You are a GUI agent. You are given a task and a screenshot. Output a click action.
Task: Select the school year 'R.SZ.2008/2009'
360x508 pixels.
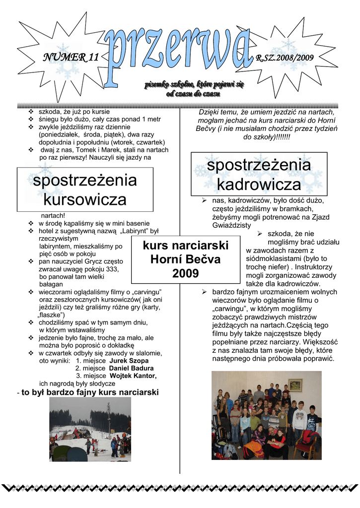[285, 58]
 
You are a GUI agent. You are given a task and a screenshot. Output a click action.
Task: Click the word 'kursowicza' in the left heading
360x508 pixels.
[84, 200]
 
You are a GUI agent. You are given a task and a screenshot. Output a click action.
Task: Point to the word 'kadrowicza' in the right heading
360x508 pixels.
[259, 185]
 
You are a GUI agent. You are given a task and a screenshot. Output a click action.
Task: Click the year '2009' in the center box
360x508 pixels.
[186, 273]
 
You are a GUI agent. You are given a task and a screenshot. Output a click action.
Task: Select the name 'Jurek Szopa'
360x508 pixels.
[129, 361]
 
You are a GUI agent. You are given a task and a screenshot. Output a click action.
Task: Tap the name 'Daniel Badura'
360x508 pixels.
[131, 368]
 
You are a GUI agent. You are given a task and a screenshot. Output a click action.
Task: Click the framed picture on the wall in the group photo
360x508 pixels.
[295, 385]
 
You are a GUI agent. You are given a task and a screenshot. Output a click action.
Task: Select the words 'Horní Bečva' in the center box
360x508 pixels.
[185, 259]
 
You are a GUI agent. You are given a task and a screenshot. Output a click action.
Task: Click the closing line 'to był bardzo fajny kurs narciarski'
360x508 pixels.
[89, 393]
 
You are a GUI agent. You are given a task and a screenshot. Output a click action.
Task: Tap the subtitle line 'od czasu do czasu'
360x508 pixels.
[194, 94]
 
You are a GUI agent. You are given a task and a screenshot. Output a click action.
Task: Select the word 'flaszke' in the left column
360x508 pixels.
[51, 315]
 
